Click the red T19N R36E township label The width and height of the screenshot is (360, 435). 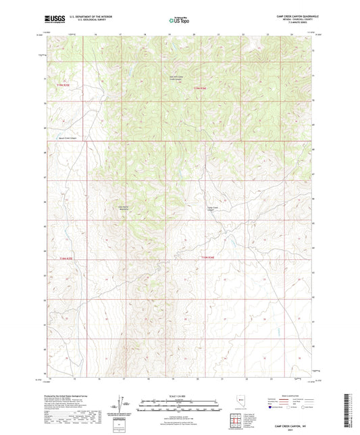210,257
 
